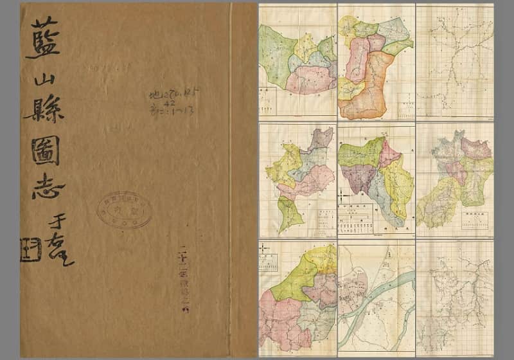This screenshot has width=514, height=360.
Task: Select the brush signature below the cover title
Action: coord(61,240)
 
